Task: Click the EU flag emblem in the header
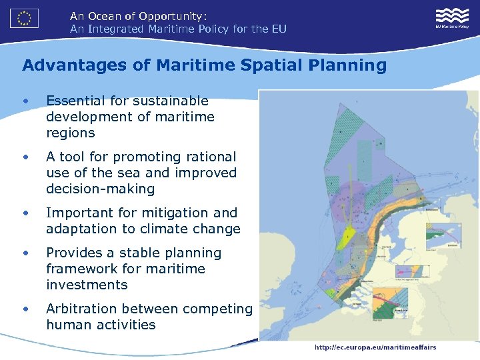pyautogui.click(x=24, y=17)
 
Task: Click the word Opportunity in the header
pyautogui.click(x=171, y=15)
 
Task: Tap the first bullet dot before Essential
pyautogui.click(x=25, y=101)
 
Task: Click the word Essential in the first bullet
pyautogui.click(x=75, y=101)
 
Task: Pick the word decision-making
pyautogui.click(x=100, y=189)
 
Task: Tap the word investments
pyautogui.click(x=87, y=285)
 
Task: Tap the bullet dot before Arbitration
pyautogui.click(x=25, y=309)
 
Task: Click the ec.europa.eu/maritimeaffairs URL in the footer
pyautogui.click(x=375, y=347)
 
